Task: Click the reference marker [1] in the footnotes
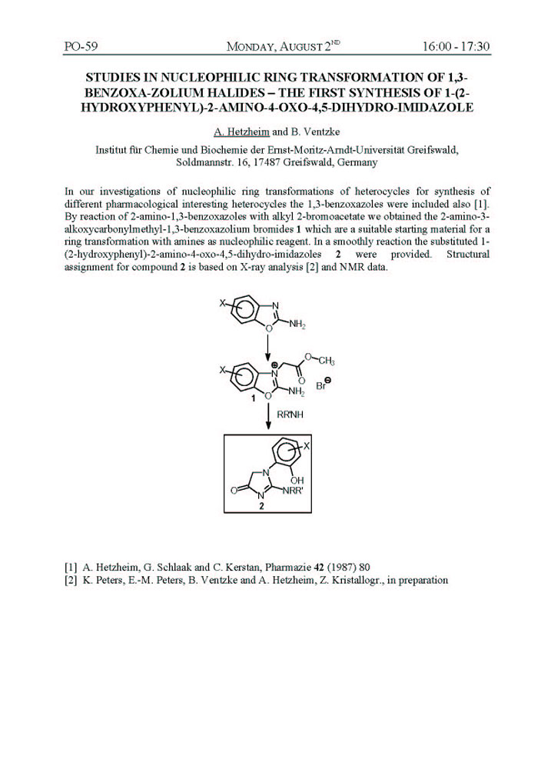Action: (x=71, y=566)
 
